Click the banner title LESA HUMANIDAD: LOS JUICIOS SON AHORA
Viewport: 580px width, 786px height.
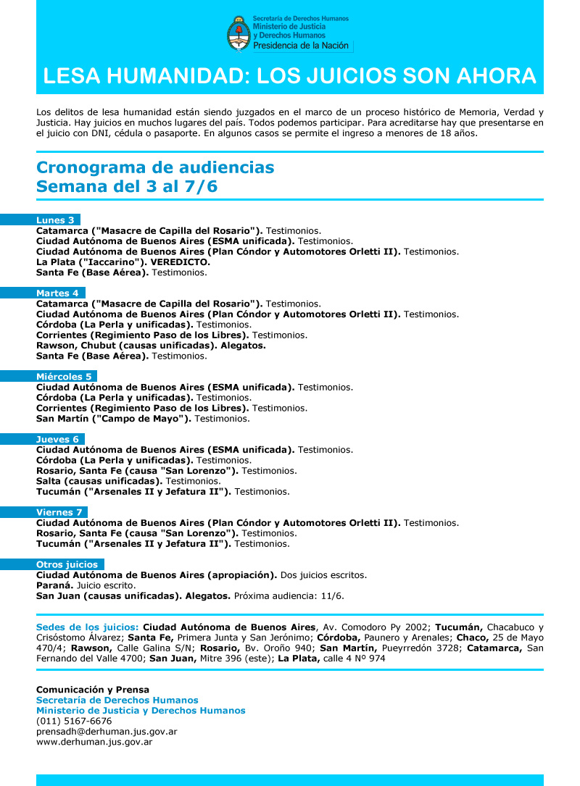click(290, 76)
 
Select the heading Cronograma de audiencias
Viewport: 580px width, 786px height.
click(155, 168)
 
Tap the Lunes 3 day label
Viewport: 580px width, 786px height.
click(56, 220)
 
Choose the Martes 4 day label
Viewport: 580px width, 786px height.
click(58, 293)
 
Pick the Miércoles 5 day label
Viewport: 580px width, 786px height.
click(65, 377)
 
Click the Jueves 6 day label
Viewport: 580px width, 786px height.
click(58, 439)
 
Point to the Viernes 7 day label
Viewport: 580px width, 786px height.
click(59, 512)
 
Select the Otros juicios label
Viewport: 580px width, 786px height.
click(68, 564)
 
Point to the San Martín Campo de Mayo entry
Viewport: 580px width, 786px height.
click(114, 419)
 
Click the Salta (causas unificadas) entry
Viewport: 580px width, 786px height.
click(99, 481)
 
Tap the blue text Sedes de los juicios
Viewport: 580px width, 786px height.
click(87, 627)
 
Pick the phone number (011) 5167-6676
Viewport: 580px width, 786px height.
click(74, 722)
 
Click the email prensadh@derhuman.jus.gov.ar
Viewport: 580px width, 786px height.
click(107, 732)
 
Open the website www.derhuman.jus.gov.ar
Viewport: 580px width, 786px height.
click(94, 742)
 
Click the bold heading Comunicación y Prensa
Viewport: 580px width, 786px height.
click(93, 690)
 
